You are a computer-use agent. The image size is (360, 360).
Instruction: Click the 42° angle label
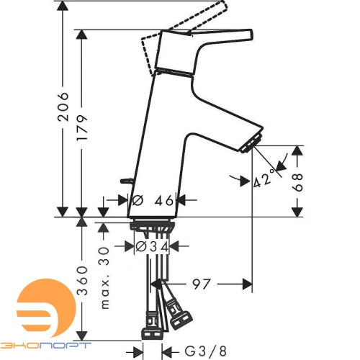[264, 178]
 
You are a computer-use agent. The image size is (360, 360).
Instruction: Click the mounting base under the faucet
[153, 225]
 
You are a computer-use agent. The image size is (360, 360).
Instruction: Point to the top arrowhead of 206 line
[63, 6]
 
